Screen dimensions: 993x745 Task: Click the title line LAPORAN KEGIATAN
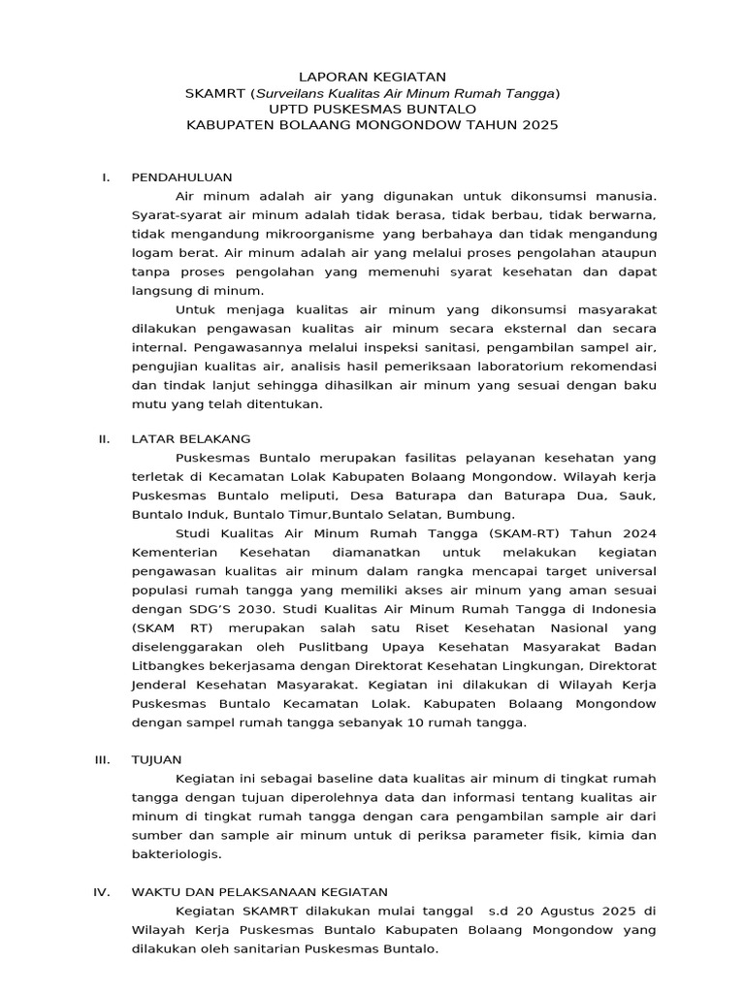click(x=372, y=76)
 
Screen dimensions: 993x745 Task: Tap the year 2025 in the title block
click(x=539, y=126)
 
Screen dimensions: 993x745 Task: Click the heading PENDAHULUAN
click(x=182, y=177)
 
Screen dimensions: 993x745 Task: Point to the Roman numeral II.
click(x=105, y=439)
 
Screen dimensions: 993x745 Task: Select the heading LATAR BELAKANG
click(x=191, y=439)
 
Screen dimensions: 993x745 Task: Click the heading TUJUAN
click(x=156, y=759)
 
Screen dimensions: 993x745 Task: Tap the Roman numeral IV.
click(x=103, y=891)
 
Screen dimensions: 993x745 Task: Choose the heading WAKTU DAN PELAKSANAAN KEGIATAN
click(x=259, y=891)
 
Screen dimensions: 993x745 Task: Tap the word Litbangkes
click(x=165, y=666)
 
